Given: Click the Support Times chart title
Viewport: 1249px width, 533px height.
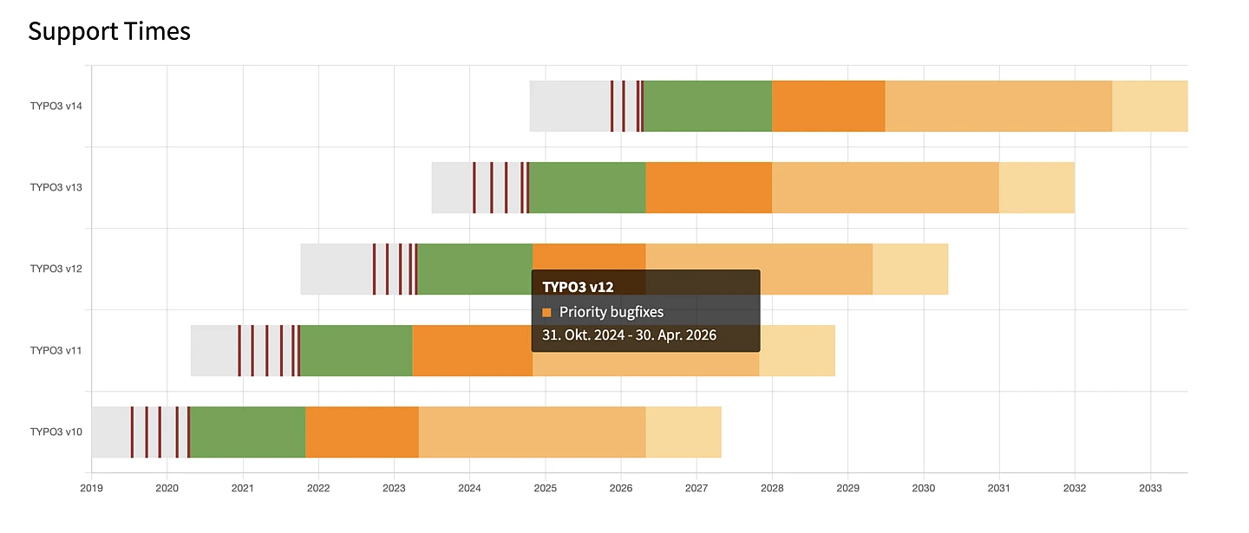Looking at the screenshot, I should coord(109,32).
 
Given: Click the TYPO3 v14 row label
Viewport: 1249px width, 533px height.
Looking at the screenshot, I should coord(56,106).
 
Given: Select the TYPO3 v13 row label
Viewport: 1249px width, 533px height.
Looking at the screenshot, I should coord(56,187).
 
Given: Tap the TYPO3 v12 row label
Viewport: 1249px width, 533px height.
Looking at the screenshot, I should coord(56,269).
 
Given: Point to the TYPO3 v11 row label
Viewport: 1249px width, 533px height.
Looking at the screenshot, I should coord(56,350).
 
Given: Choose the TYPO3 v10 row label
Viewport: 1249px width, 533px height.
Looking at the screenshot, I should coord(56,432).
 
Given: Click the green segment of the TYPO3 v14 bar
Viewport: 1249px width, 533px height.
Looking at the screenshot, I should coord(708,106).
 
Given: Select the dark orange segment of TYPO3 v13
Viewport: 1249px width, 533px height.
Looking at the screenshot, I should coord(709,187).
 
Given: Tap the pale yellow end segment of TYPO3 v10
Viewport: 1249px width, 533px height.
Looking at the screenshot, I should coord(683,432).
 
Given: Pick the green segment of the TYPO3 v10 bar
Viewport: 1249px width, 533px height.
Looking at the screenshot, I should coord(247,432).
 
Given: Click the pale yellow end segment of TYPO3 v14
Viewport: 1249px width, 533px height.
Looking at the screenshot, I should coord(1150,106).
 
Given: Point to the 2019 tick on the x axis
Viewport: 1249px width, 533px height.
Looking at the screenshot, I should coord(91,487).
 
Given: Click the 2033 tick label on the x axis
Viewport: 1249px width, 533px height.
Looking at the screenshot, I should coord(1150,487).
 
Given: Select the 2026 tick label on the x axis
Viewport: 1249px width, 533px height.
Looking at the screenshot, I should coord(621,487).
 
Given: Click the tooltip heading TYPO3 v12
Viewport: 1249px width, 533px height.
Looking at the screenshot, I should coord(578,286).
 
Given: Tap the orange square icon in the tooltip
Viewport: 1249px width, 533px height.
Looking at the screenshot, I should coord(547,312).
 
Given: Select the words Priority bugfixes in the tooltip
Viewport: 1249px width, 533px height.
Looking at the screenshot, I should coord(611,312).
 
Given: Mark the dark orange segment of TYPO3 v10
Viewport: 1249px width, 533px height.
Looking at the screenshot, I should coord(362,432).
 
